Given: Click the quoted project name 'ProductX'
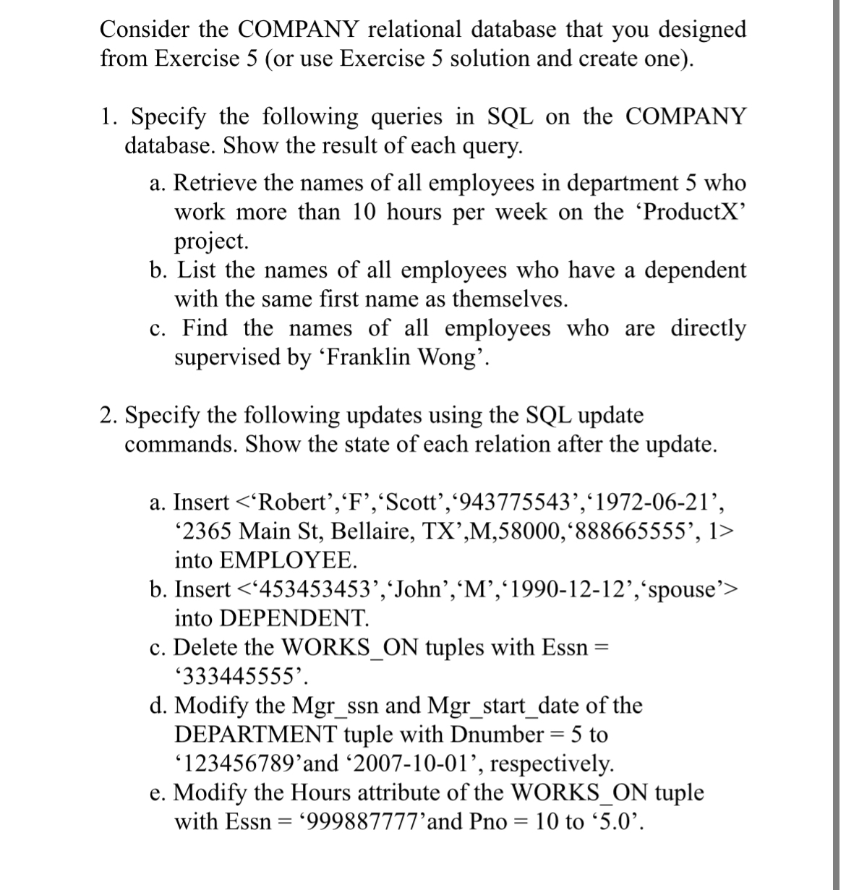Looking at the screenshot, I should pyautogui.click(x=693, y=213).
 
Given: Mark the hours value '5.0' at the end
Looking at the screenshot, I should pyautogui.click(x=614, y=823).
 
